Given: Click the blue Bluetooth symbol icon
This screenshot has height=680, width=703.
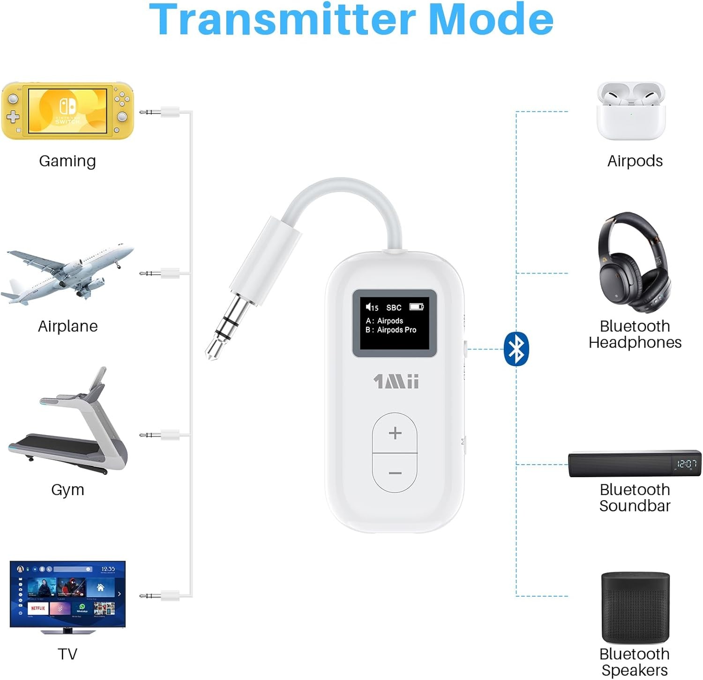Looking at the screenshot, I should pyautogui.click(x=516, y=349).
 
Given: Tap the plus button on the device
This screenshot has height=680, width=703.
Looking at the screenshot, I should pyautogui.click(x=395, y=433).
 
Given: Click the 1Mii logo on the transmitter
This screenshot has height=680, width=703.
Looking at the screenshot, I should pyautogui.click(x=396, y=382).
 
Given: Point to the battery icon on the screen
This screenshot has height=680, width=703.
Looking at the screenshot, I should pyautogui.click(x=416, y=307).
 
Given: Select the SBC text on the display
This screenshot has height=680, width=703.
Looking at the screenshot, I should pyautogui.click(x=394, y=308).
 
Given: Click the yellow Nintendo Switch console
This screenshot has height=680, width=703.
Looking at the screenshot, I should pyautogui.click(x=67, y=111).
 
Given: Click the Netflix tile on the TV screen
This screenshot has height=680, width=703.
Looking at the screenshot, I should pyautogui.click(x=38, y=608).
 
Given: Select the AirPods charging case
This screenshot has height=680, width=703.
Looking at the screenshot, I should pyautogui.click(x=631, y=112).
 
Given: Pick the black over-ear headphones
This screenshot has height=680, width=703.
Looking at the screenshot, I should pyautogui.click(x=634, y=262).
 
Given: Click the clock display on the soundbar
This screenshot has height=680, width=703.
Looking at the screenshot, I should pyautogui.click(x=687, y=464).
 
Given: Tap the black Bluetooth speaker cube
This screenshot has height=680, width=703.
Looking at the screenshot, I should pyautogui.click(x=636, y=607).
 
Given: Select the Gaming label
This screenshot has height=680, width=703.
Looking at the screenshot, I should pyautogui.click(x=67, y=161).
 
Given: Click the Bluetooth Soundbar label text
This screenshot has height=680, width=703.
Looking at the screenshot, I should pyautogui.click(x=635, y=497).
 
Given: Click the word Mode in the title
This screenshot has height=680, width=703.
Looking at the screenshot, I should pyautogui.click(x=491, y=20).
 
